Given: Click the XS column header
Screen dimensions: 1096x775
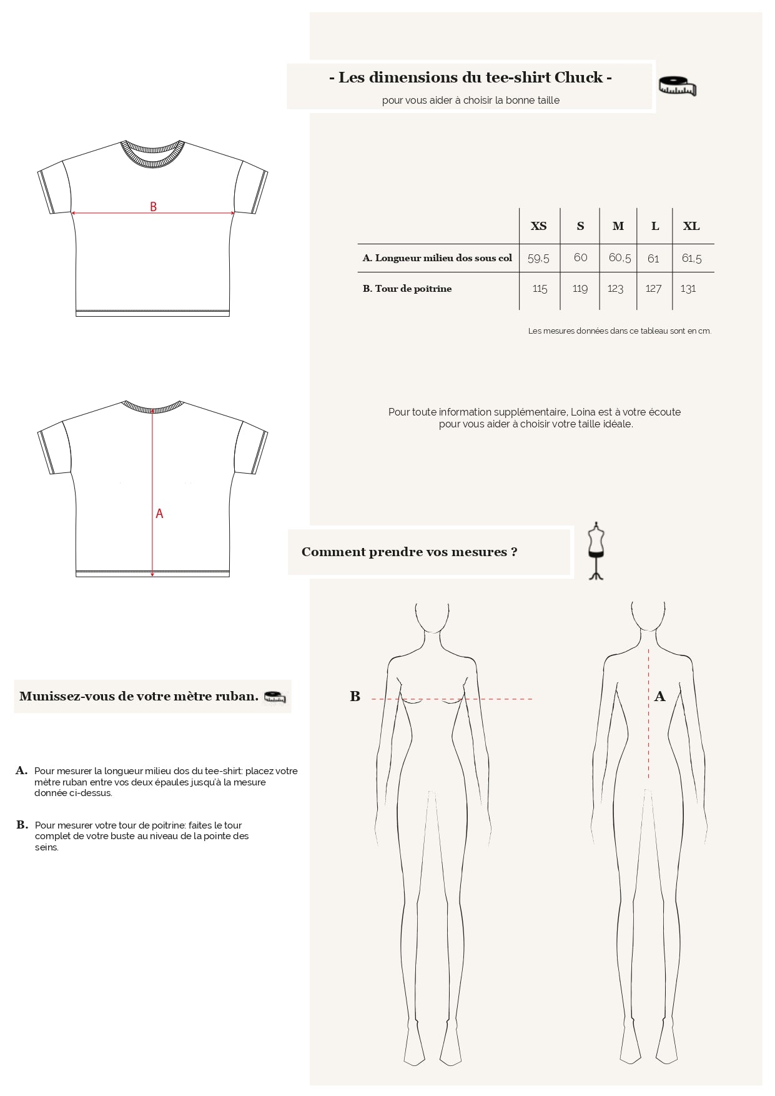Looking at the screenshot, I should (x=538, y=226).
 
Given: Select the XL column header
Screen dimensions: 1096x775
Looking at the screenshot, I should (x=691, y=226).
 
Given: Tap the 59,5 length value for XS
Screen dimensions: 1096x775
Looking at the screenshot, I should (x=538, y=258).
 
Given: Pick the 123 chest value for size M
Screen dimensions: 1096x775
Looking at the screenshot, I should (x=616, y=289).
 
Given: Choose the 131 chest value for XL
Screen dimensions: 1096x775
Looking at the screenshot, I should (x=688, y=289).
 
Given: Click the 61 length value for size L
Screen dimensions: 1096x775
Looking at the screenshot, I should (x=653, y=258).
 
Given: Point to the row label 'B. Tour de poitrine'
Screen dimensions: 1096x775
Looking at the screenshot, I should (x=407, y=289).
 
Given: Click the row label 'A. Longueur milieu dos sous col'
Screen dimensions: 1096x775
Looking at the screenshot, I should (x=437, y=258).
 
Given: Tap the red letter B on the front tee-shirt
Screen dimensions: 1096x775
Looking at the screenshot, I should (x=153, y=206).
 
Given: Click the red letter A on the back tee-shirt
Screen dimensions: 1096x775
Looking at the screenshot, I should (x=159, y=514).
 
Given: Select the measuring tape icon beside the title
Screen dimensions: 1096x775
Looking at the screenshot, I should (x=678, y=87).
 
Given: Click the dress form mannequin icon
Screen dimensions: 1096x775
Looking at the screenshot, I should (x=596, y=550).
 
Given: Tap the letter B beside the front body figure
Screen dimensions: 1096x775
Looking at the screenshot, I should (x=355, y=696).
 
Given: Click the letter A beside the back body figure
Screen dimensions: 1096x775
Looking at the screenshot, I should (x=660, y=697).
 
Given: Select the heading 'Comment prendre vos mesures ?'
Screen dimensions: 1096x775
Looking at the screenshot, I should (x=410, y=552).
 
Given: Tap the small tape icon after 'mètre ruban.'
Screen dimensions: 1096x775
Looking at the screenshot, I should (x=275, y=697).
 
